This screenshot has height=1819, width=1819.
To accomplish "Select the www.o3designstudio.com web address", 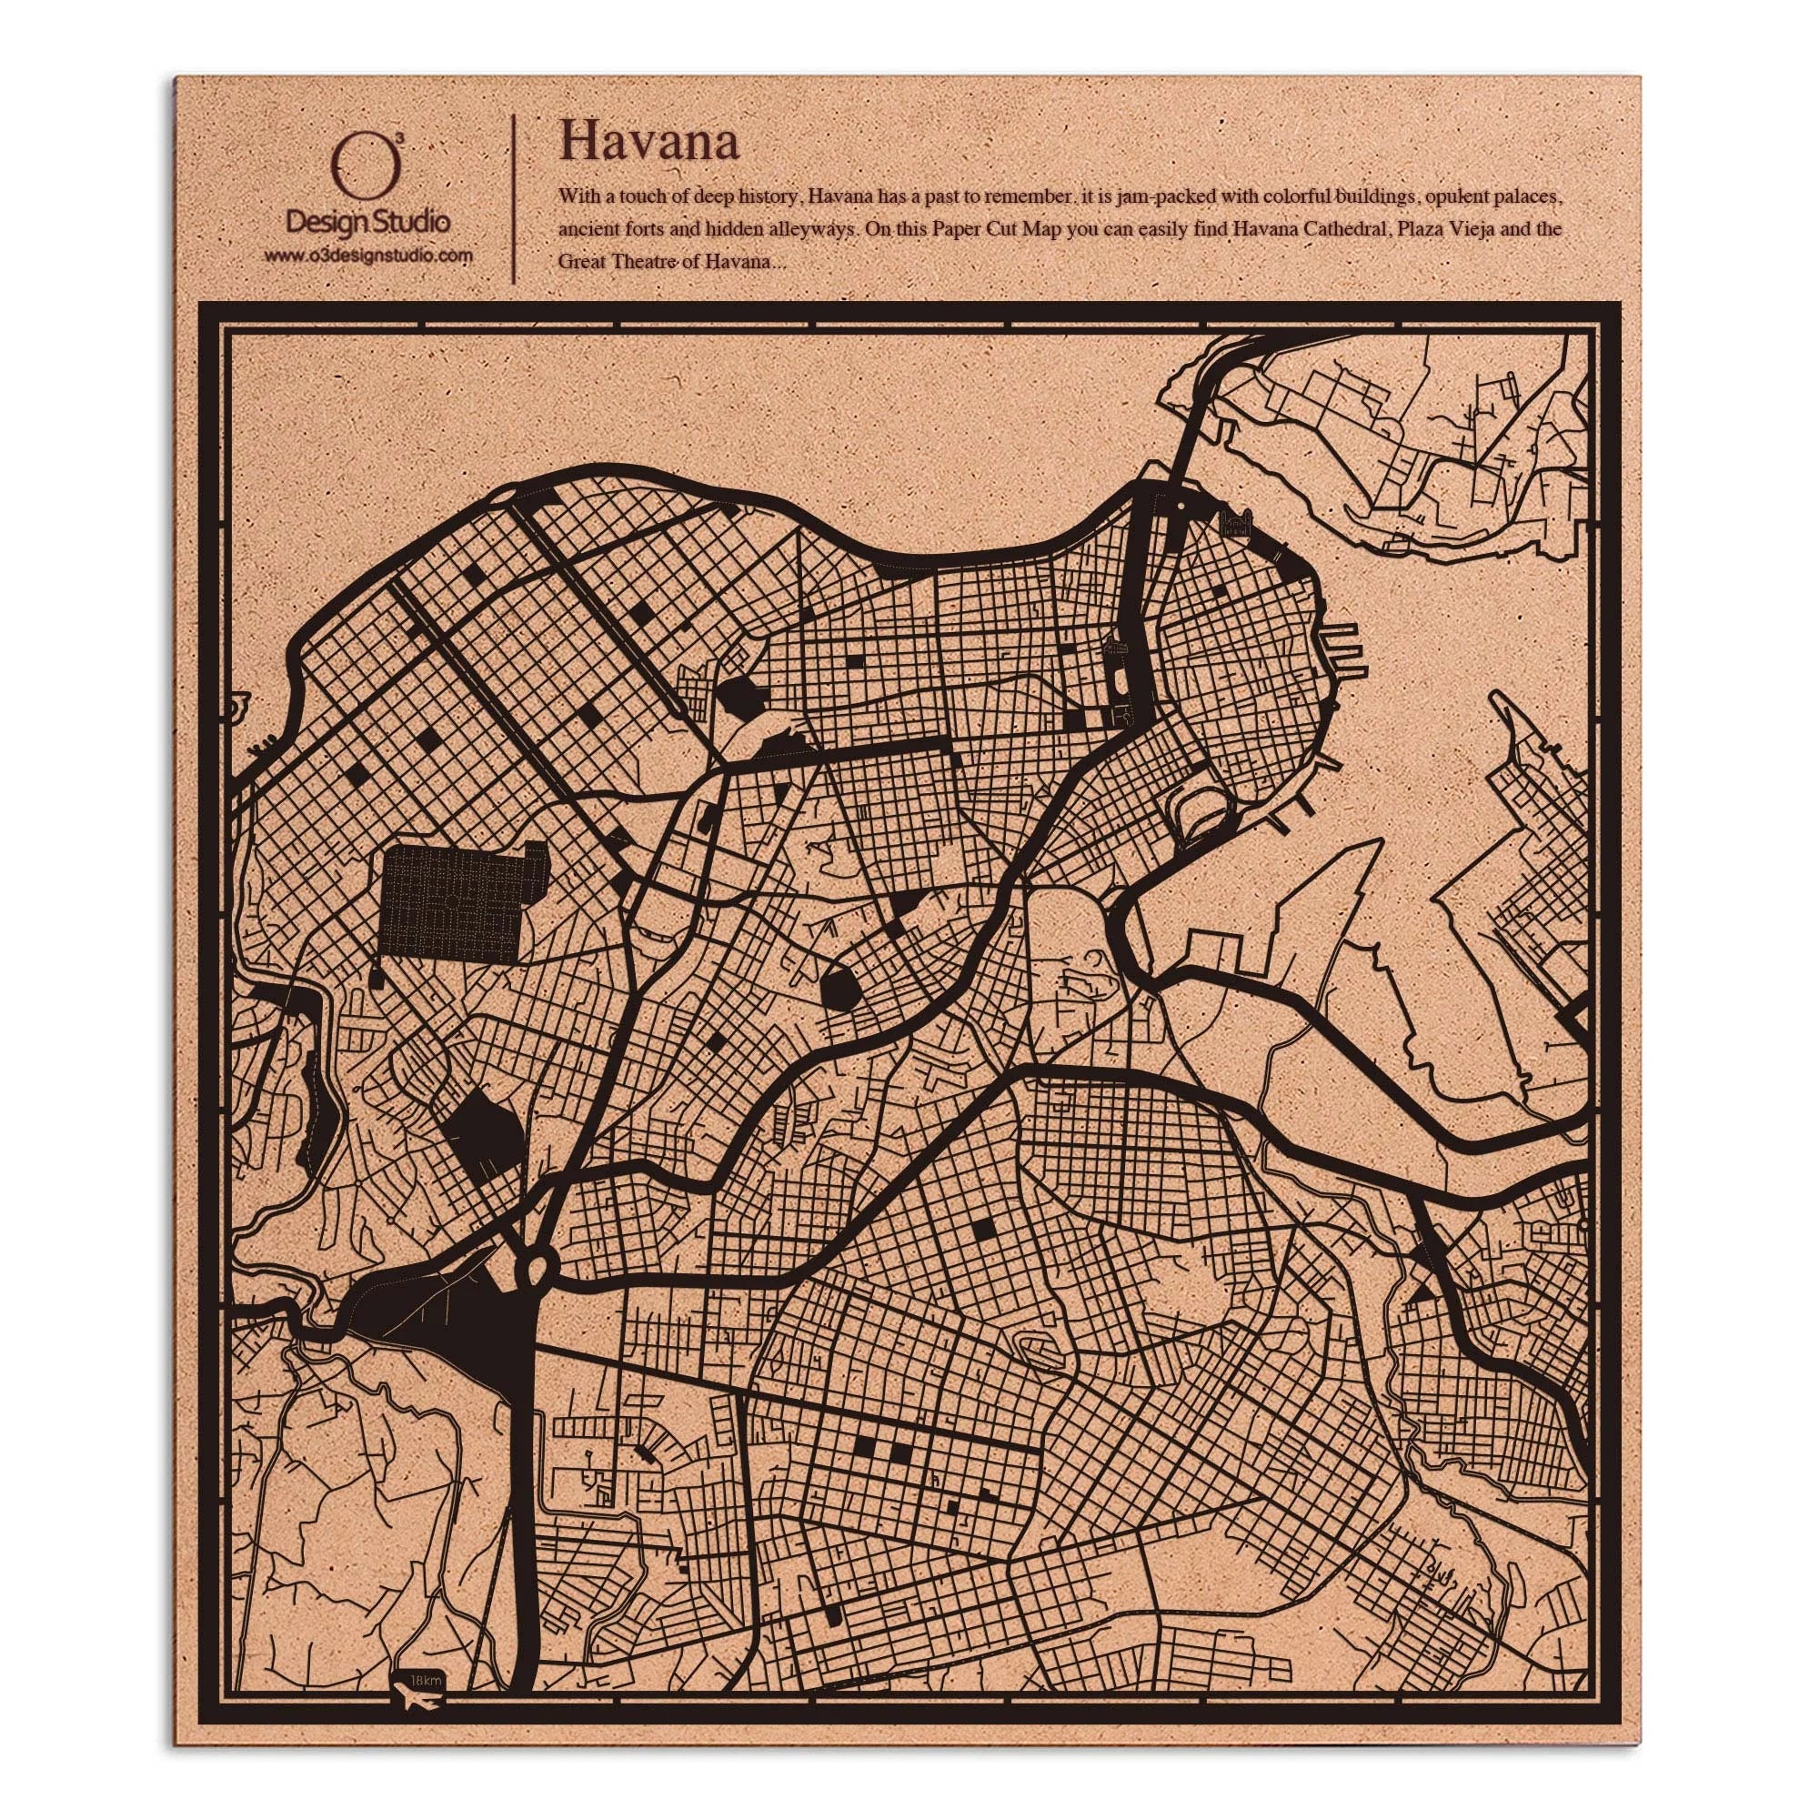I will pyautogui.click(x=368, y=256).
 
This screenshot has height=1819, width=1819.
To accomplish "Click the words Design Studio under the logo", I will pyautogui.click(x=367, y=222).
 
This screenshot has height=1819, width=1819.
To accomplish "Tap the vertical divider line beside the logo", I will pyautogui.click(x=513, y=199).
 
